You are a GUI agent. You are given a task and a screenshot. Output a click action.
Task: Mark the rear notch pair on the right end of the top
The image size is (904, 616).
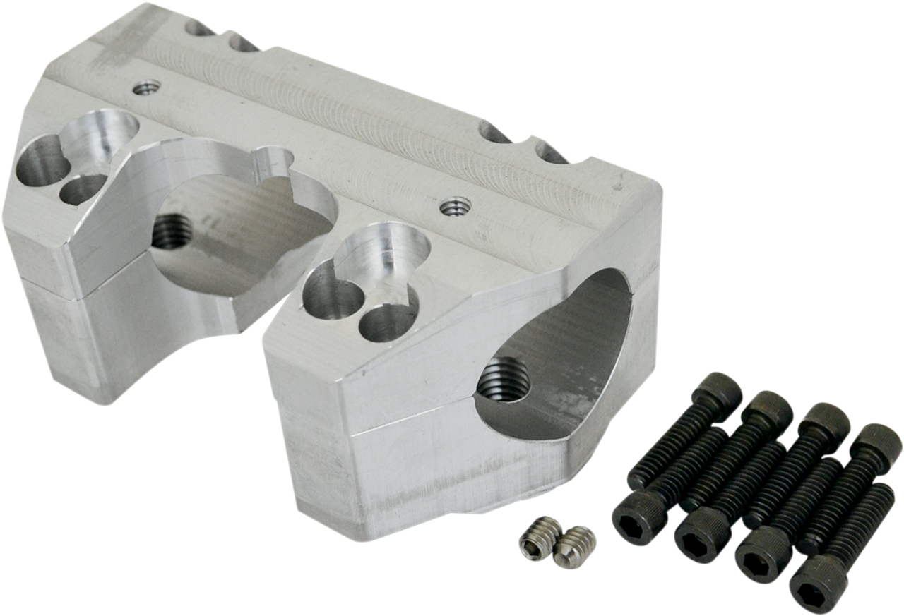[x=523, y=141]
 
